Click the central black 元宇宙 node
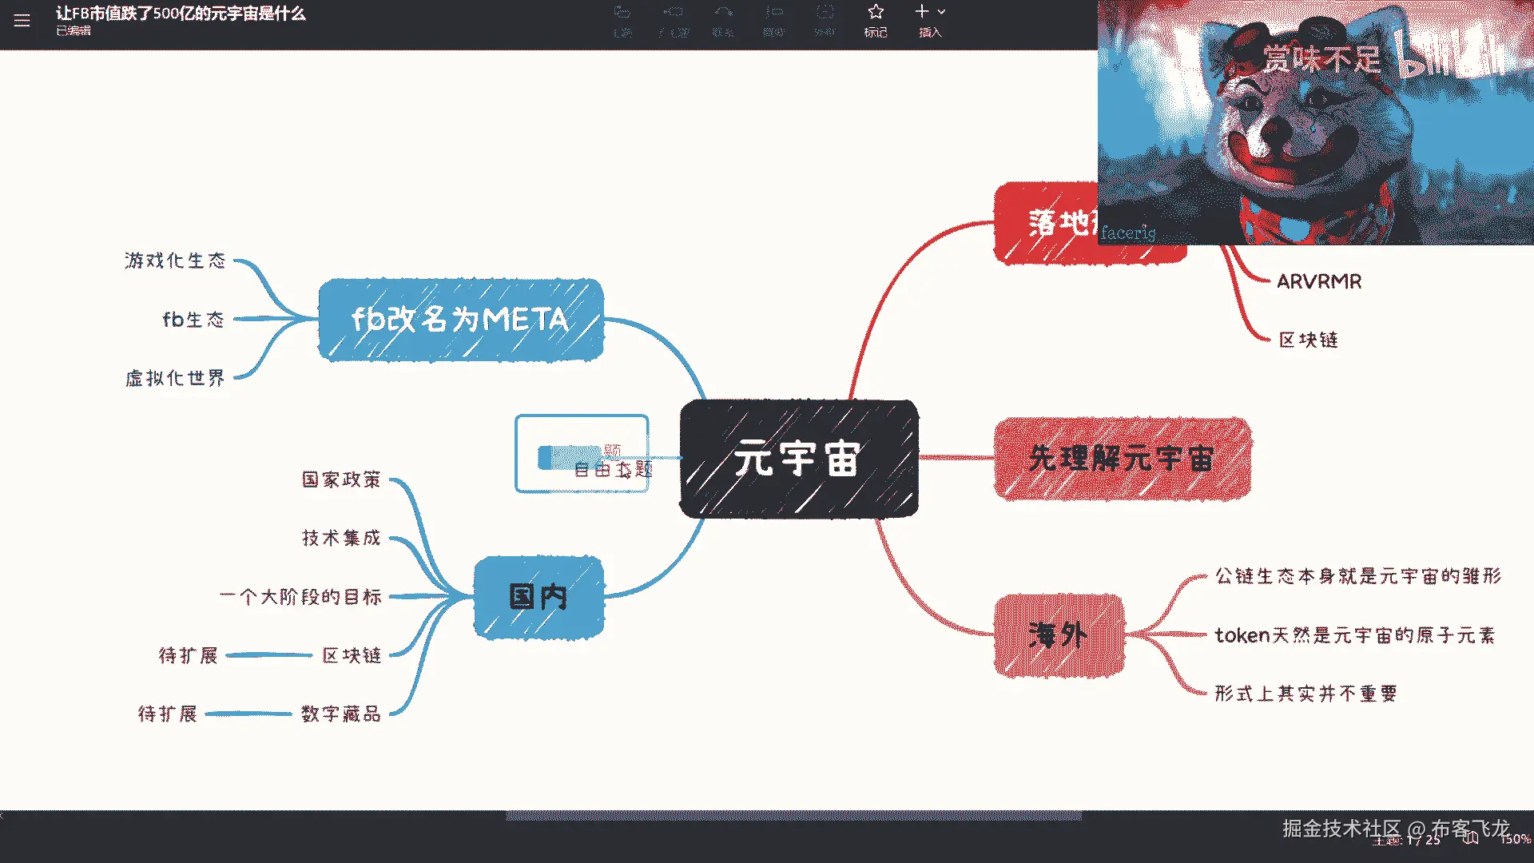798,459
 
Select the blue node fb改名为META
460,320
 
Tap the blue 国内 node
538,597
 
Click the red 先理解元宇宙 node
1122,459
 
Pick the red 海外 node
1058,635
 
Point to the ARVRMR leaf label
1318,281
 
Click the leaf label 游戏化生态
175,260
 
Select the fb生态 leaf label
193,320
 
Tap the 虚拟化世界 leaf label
175,378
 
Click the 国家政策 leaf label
341,479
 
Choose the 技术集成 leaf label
341,538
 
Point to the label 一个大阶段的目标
301,597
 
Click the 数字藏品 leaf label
341,714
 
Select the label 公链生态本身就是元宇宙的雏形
1357,576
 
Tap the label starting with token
1354,635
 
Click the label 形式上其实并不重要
1305,694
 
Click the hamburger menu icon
22,21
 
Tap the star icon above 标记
876,12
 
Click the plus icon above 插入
922,12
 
